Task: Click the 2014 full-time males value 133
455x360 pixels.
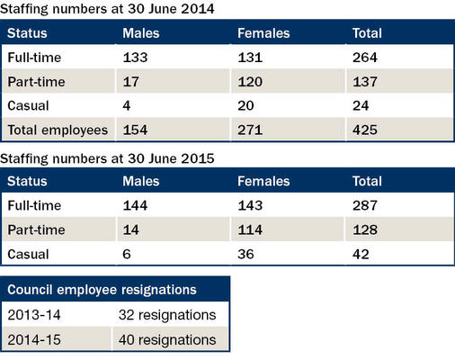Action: click(135, 58)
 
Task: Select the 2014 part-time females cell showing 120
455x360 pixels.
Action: click(250, 82)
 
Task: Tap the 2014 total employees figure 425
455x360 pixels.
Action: click(365, 130)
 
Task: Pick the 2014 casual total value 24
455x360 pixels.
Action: click(361, 105)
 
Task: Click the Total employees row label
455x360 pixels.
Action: click(58, 130)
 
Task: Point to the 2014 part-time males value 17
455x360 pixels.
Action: click(130, 82)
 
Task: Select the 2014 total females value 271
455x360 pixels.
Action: click(250, 130)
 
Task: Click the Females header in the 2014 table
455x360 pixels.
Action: click(263, 33)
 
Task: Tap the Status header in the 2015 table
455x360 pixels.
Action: click(27, 181)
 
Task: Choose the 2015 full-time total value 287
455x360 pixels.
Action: click(365, 205)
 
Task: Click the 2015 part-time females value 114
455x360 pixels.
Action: click(250, 229)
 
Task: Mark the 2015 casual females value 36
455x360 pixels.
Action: click(245, 254)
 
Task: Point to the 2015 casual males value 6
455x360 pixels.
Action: click(127, 254)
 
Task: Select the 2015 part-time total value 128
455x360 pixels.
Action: click(365, 229)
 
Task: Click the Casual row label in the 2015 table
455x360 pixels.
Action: click(28, 255)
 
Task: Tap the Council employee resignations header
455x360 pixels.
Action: click(102, 290)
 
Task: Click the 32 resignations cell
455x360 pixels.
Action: click(167, 315)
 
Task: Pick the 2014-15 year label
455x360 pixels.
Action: click(34, 340)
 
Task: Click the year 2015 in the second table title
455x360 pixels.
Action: click(198, 158)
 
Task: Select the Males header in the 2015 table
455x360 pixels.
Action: click(141, 181)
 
